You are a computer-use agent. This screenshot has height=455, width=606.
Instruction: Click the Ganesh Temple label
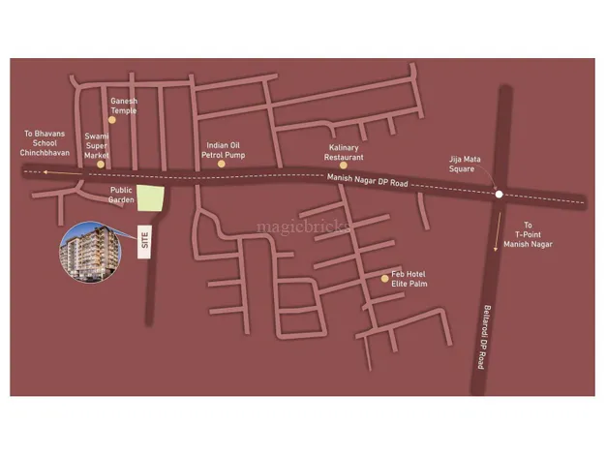125,105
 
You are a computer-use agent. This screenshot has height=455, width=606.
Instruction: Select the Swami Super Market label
97,146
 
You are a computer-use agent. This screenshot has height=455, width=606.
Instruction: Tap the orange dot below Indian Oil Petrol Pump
221,165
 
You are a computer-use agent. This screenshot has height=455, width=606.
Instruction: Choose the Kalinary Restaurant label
344,151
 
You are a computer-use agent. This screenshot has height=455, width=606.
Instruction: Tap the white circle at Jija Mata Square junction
498,195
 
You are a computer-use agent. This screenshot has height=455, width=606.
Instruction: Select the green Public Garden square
150,197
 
